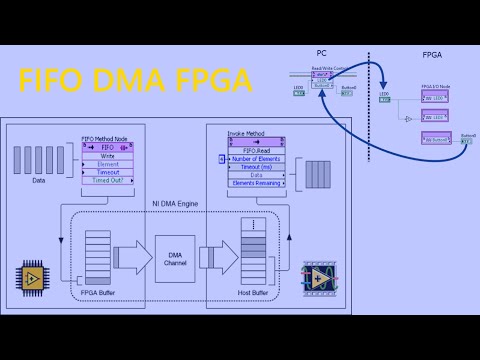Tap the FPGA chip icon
(32, 275)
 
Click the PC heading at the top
(321, 52)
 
